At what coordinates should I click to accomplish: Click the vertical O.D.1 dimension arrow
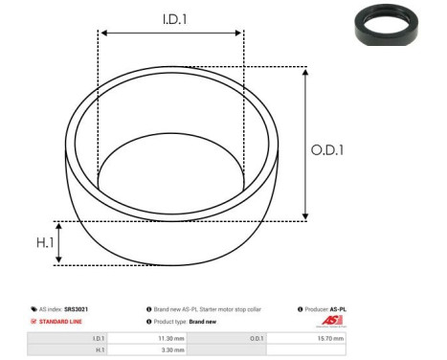304,144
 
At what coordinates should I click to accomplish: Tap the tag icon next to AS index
34,310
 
